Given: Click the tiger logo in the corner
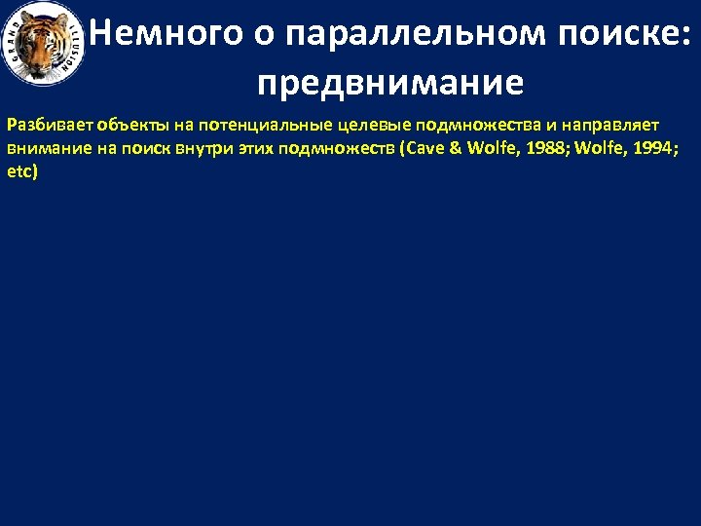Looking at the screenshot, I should click(45, 45).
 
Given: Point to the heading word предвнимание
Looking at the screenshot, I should click(389, 83).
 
